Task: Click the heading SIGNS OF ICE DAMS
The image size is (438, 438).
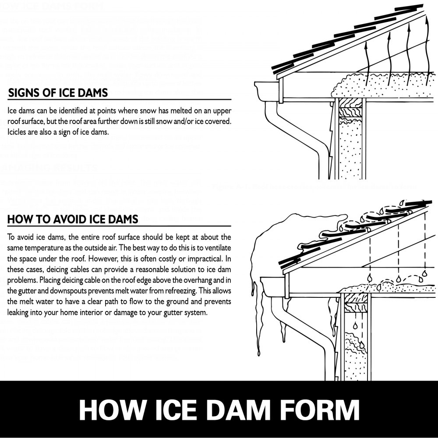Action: [58, 93]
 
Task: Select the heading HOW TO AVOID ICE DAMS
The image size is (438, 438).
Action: [73, 219]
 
